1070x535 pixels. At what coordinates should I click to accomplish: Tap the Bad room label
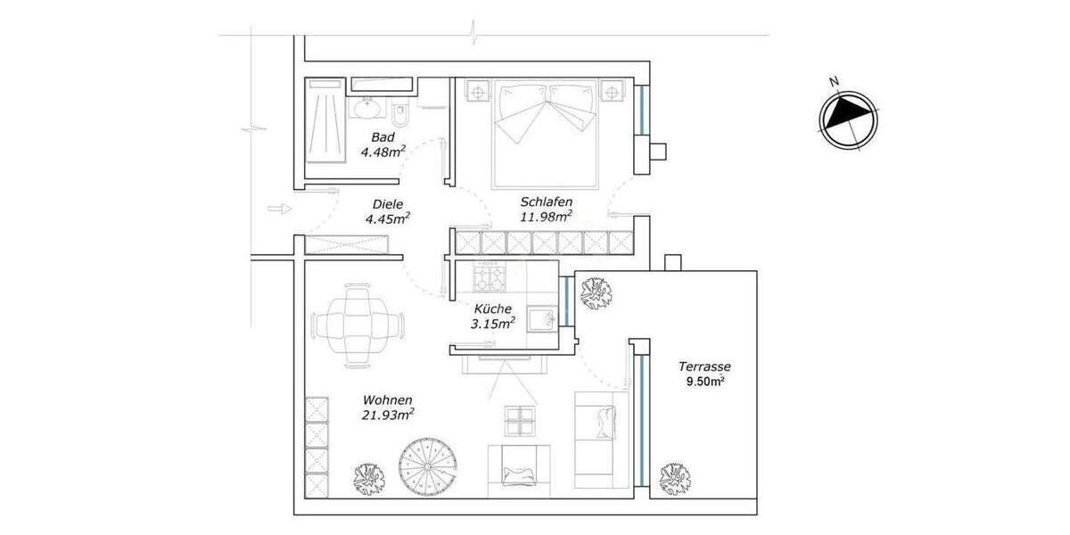pos(383,137)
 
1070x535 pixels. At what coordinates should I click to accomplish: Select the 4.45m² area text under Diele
pos(388,218)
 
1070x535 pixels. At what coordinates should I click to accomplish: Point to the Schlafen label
pos(546,202)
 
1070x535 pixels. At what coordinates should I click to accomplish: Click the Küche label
pos(492,309)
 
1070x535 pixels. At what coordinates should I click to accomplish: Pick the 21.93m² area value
pos(387,415)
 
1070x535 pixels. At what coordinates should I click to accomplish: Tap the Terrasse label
pos(704,366)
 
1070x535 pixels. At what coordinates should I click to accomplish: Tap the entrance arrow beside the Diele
pos(279,209)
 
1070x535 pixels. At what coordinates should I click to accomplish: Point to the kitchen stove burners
pos(487,279)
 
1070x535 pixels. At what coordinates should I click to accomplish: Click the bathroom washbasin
pos(366,109)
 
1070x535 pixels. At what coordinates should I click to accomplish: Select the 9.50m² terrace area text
pos(704,382)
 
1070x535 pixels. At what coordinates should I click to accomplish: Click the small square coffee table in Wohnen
pos(521,420)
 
